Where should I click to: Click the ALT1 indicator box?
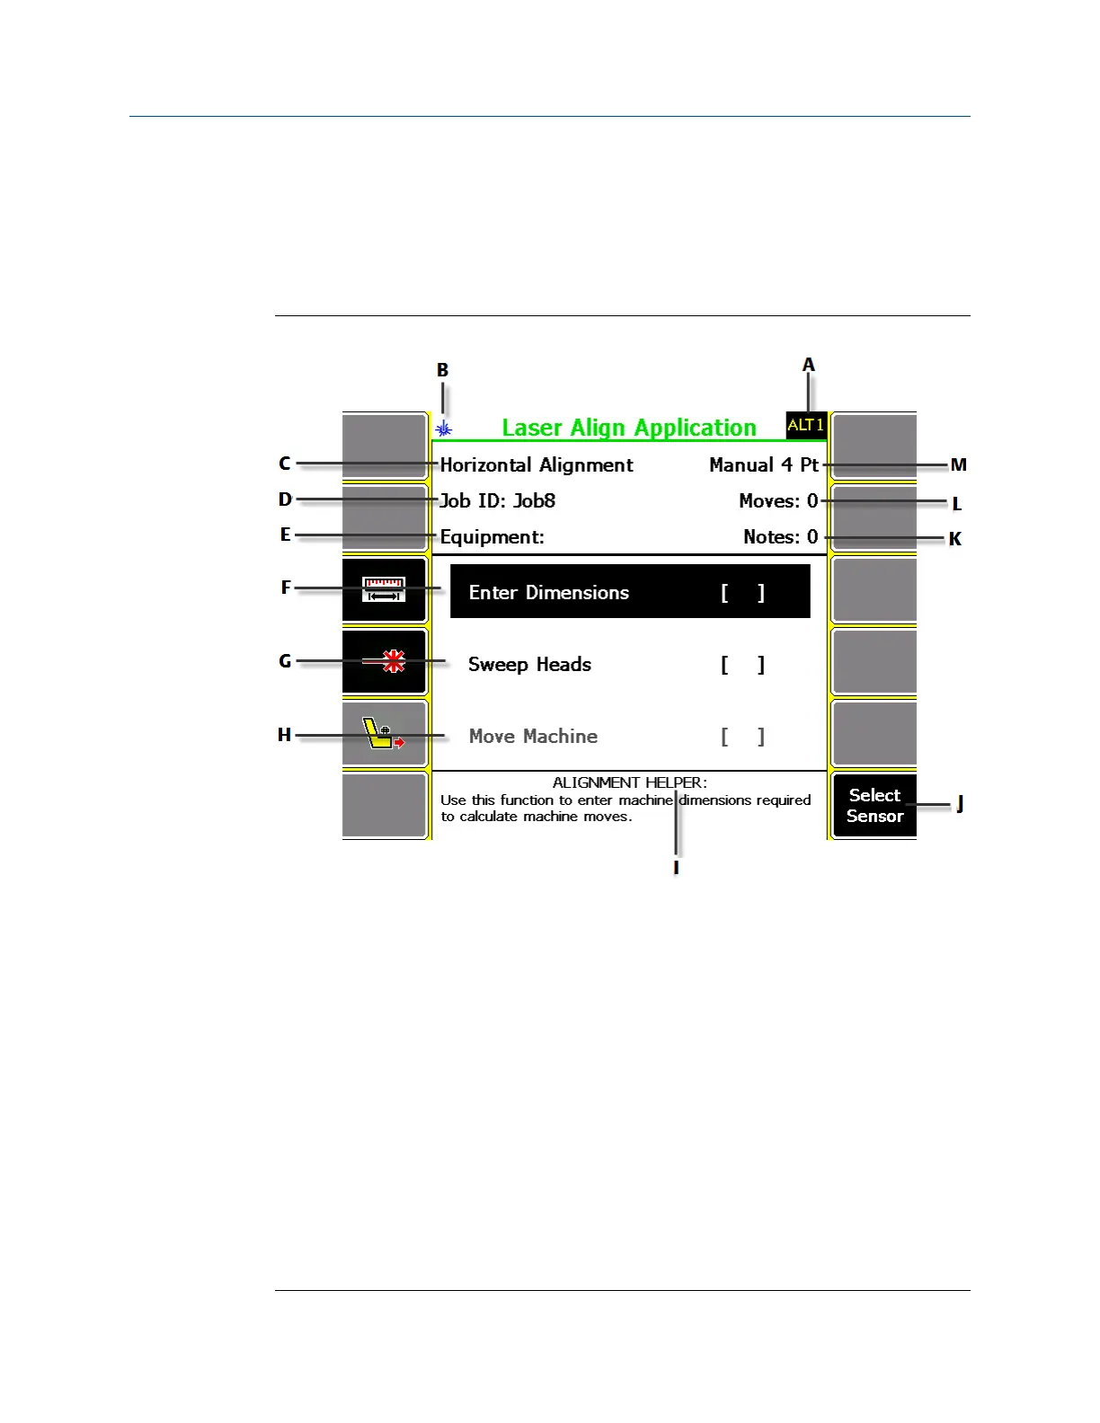tap(805, 425)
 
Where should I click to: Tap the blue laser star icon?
tap(443, 429)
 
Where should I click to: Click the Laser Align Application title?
tap(628, 428)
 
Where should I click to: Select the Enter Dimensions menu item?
tap(548, 592)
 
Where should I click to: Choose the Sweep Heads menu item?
tap(529, 664)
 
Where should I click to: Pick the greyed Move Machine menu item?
tap(533, 736)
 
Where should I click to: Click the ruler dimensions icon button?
tap(385, 590)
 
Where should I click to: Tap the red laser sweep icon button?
tap(385, 662)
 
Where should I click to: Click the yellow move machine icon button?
tap(385, 734)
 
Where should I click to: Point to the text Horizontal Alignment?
tap(537, 464)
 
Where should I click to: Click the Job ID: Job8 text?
tap(497, 500)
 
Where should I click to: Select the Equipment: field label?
tap(492, 536)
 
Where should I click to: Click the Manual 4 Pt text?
tap(764, 464)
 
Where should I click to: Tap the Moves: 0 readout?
tap(778, 500)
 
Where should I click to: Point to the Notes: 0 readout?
tap(780, 536)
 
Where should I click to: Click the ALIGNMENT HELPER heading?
tap(629, 782)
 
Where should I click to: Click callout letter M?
tap(958, 464)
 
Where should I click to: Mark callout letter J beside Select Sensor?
tap(960, 803)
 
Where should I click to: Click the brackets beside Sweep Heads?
tap(742, 665)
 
